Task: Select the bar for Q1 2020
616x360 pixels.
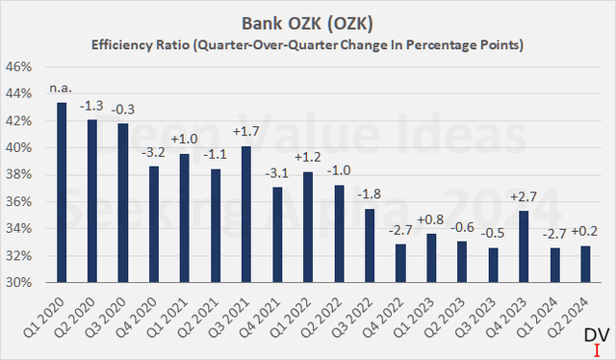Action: point(62,193)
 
